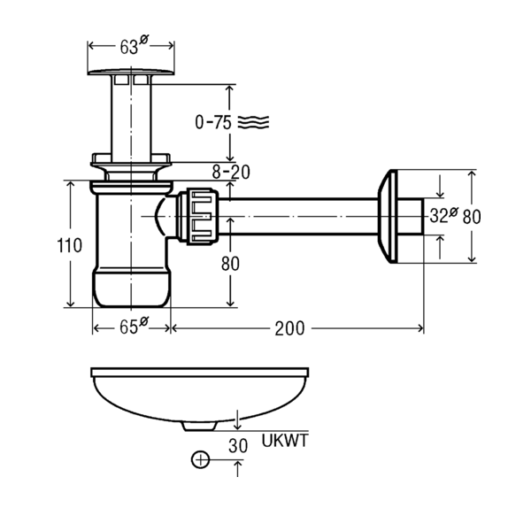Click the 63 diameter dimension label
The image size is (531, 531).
coord(134,45)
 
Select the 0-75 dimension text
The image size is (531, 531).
coord(213,122)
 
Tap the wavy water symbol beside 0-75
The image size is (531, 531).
coord(253,122)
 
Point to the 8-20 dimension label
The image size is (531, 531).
coord(231,172)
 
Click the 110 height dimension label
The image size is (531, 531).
coord(69,245)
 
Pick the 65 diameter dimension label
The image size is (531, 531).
coord(134,326)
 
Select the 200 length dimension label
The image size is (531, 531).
coord(289,328)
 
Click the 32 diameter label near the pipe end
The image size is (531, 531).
coord(443,215)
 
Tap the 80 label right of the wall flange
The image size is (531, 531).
coord(472,217)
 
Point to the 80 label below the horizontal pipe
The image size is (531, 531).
coord(230,264)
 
